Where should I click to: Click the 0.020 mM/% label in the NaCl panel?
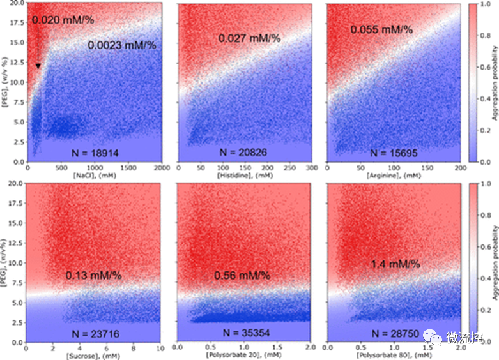tap(63, 20)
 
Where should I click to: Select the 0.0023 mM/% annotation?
tap(121, 45)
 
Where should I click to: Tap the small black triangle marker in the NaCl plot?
tap(38, 66)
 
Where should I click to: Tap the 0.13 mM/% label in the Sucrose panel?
tap(93, 275)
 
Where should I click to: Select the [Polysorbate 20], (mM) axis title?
tap(245, 354)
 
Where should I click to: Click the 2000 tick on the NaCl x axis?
tap(158, 167)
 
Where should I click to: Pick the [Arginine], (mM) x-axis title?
tap(391, 174)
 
